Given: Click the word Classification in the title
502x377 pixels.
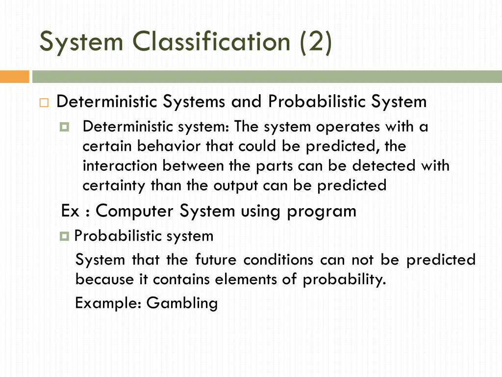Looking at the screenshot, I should pos(213,41).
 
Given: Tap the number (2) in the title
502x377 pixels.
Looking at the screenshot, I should pos(314,41).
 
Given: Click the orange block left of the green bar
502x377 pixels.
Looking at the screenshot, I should pos(15,77).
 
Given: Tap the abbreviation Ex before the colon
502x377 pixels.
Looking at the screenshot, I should pos(70,211).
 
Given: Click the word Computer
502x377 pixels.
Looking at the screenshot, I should pos(135,211).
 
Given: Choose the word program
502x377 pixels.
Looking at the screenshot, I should pos(322,211).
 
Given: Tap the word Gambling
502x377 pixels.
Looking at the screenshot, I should pos(182,303).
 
